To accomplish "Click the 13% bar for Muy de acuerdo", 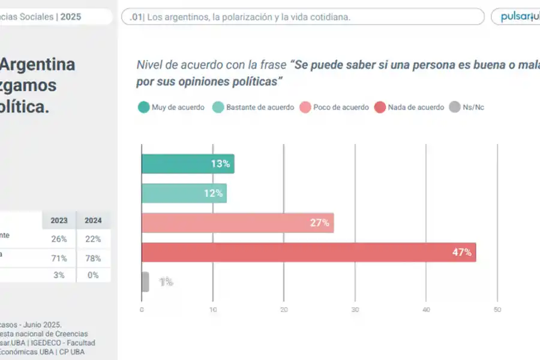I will click(x=187, y=164).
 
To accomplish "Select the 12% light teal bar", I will click(x=184, y=193).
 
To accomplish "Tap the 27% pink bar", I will click(x=237, y=223).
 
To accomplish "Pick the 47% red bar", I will click(x=308, y=252).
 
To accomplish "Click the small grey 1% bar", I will click(x=145, y=281).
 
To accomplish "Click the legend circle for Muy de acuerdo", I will click(x=143, y=107).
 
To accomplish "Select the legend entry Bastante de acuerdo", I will click(x=253, y=107).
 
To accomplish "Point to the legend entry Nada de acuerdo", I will click(x=409, y=107).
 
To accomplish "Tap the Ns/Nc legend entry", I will click(x=467, y=107).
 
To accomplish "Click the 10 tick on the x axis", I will click(x=212, y=310).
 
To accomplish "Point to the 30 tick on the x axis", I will click(x=355, y=310).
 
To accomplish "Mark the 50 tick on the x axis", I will click(x=497, y=310).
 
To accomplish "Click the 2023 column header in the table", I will click(x=59, y=220).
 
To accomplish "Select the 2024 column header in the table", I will click(x=93, y=220).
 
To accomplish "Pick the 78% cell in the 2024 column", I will click(x=93, y=259).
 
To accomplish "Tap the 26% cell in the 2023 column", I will click(x=59, y=239).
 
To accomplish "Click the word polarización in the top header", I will click(x=248, y=17).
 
